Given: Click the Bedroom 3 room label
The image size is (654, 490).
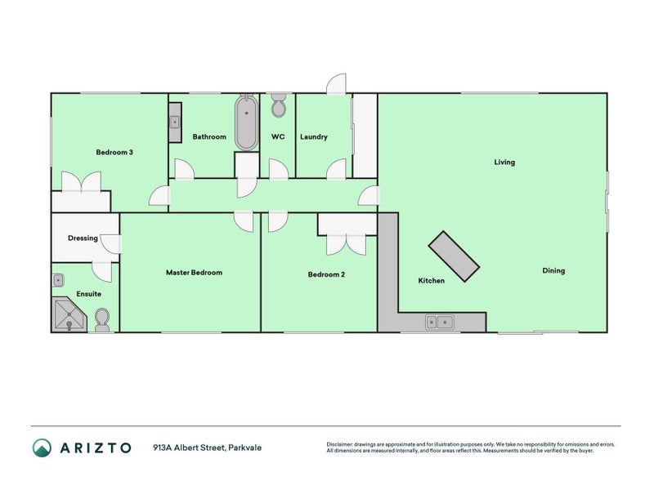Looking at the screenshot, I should pos(114,152).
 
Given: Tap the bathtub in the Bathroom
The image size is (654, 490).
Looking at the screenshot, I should pos(246,123).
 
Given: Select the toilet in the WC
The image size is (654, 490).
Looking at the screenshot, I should pos(278,107).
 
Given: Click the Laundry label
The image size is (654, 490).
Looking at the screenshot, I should pos(313,136).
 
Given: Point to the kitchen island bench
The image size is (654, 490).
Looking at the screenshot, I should pos(454,256).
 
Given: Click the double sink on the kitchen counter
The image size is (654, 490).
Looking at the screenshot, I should pos(439,323).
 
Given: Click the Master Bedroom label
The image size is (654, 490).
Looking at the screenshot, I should pos(194,273).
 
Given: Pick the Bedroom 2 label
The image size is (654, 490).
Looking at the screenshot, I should pos(326,275).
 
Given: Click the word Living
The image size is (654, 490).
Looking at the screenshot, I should pos(504,162).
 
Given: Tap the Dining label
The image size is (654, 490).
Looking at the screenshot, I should pos(553,270).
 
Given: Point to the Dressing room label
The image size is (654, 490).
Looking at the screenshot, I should pos(83,238).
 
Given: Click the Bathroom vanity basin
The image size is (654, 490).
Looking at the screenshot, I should pos(175,123).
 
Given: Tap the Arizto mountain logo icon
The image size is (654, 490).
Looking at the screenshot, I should pos(42,447).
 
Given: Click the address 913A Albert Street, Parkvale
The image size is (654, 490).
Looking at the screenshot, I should pos(207,448).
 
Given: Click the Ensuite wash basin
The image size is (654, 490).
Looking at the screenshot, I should pos(58,280).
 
